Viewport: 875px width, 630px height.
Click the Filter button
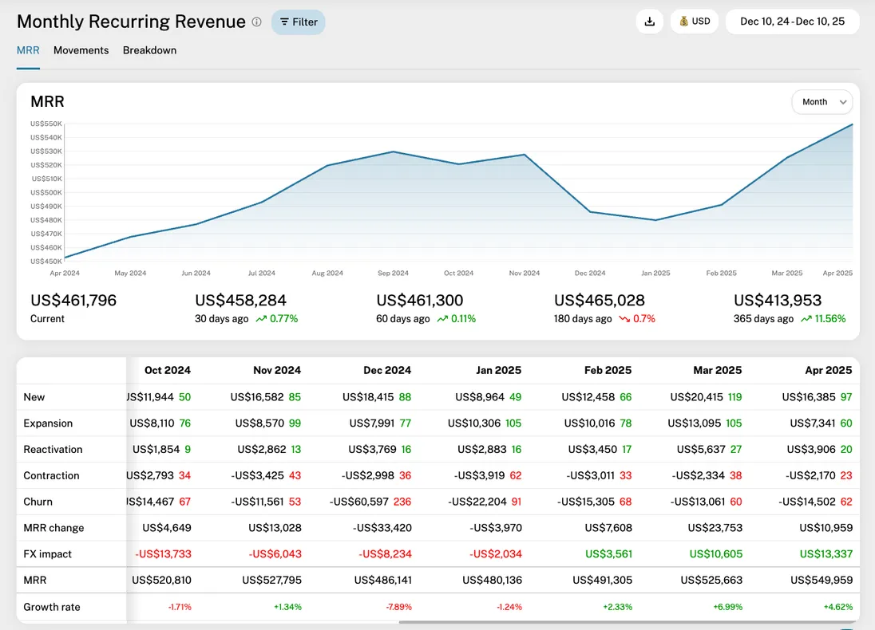tap(299, 22)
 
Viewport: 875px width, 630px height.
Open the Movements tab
tap(81, 50)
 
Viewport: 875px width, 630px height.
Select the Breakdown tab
tap(149, 50)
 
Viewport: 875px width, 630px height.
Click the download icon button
tap(650, 22)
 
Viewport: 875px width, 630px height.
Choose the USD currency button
tap(695, 22)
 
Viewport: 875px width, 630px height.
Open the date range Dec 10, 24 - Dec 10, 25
tap(792, 22)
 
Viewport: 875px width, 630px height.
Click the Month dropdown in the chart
tap(822, 102)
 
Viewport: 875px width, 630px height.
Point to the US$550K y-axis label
tap(46, 124)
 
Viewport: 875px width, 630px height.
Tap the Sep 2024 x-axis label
tap(394, 274)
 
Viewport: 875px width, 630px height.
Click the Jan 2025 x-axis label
tap(655, 274)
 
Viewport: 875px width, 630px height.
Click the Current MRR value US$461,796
tap(73, 301)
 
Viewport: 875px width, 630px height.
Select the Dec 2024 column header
tap(387, 370)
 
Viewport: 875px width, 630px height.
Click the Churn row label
tap(38, 502)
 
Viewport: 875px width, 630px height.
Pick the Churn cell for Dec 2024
tap(370, 502)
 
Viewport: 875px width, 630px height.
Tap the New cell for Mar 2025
tap(706, 397)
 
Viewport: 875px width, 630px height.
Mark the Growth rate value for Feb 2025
tap(618, 607)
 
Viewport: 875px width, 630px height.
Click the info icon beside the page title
tap(256, 22)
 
